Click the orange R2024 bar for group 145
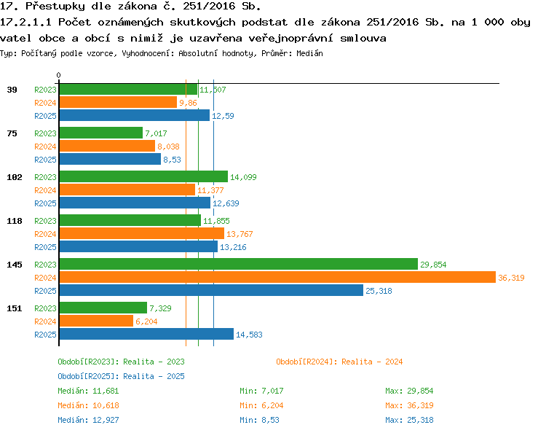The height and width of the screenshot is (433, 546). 277,278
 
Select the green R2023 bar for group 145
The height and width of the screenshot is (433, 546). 239,265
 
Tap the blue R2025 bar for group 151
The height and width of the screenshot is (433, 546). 146,334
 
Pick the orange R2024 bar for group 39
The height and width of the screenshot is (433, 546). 118,103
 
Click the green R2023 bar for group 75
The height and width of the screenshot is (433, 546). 101,133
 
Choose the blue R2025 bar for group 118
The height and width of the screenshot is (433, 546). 138,247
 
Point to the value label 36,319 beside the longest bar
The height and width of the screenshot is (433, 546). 511,278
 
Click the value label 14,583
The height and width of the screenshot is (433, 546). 249,335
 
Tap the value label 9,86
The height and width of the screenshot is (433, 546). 188,103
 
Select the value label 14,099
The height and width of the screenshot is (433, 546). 243,177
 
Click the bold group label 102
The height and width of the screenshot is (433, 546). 15,177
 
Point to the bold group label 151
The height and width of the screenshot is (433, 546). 15,308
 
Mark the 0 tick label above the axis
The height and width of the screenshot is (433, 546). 58,75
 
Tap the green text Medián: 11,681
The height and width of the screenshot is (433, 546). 88,391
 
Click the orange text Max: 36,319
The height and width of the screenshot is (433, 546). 409,405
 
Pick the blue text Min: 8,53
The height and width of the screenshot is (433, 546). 259,420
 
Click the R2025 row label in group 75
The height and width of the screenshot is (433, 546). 45,160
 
